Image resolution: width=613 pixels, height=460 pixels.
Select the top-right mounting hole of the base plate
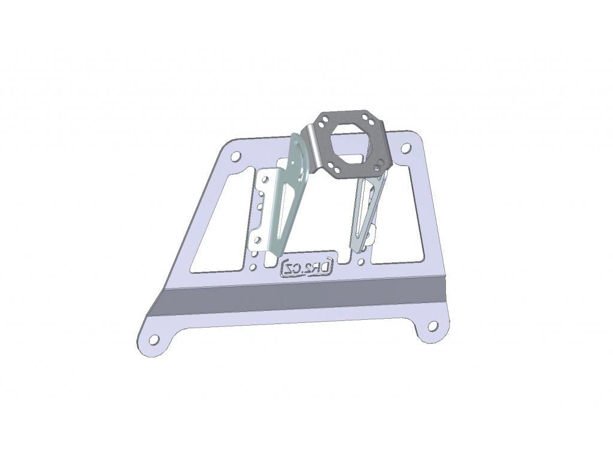pyautogui.click(x=406, y=147)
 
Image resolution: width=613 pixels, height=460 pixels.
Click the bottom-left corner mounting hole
pyautogui.click(x=154, y=340)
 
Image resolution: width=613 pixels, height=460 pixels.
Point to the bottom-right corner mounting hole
pyautogui.click(x=432, y=327)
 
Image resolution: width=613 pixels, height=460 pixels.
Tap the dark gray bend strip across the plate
pyautogui.click(x=299, y=297)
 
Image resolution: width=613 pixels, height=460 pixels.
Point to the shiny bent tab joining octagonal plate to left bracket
pyautogui.click(x=312, y=141)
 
